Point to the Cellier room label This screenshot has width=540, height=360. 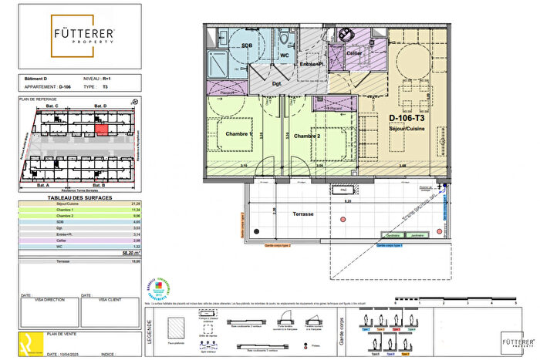coord(354,53)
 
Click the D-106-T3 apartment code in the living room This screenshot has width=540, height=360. coord(406,118)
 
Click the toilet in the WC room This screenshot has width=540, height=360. coord(285,39)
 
